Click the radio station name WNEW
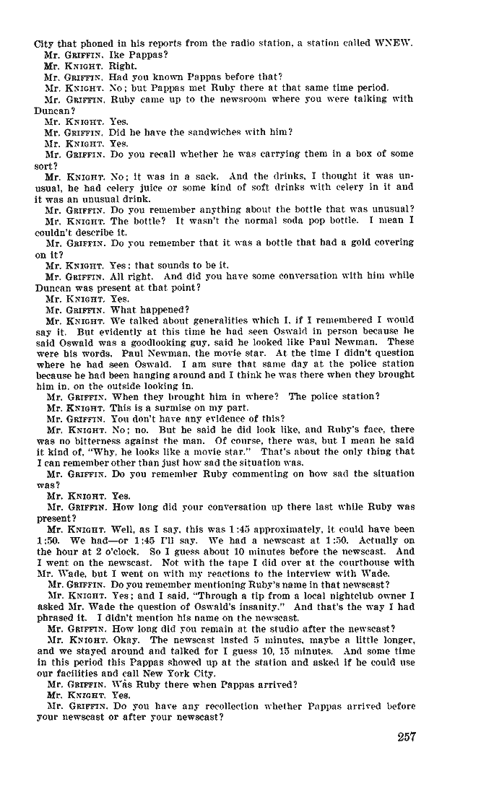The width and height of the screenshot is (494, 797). coord(394,43)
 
